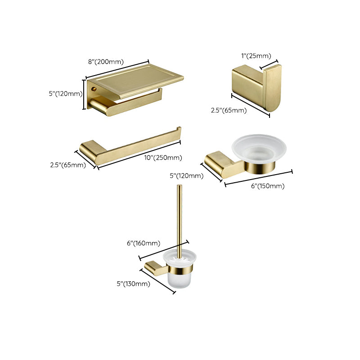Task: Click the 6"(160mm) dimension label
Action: coord(143,243)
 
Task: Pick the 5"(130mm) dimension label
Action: coord(133,283)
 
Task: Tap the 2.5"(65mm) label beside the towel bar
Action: coord(68,165)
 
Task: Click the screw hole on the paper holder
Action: coord(94,90)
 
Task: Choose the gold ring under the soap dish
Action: coord(260,167)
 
